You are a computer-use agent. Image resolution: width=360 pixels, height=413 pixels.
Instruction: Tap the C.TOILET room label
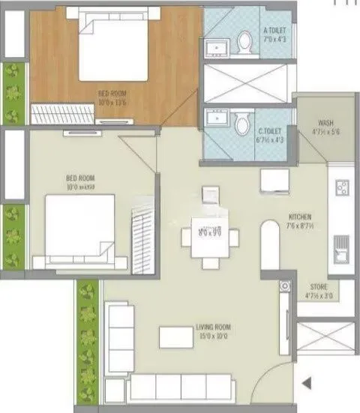(x=274, y=124)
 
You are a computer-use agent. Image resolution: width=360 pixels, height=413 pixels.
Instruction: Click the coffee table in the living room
(x=176, y=337)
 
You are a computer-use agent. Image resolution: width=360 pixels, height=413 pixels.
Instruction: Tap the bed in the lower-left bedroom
(x=79, y=227)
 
